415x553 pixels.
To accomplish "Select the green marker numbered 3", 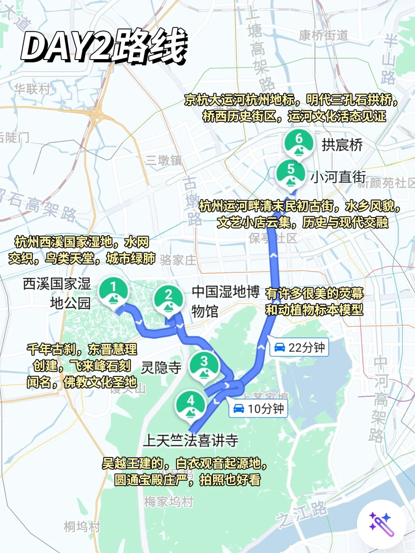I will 204,365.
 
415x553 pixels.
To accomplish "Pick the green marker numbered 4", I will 191,404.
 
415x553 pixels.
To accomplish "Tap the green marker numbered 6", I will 299,142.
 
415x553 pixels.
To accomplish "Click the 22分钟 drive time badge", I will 299,347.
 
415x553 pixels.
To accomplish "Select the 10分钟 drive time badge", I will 258,409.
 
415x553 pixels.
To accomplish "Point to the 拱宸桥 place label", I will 342,145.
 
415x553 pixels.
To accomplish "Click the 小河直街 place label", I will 338,177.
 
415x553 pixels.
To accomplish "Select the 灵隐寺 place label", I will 161,368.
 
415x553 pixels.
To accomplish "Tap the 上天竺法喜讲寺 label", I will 191,440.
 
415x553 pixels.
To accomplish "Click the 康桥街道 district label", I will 324,35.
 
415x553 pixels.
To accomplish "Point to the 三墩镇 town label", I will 164,160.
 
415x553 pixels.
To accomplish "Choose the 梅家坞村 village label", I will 168,502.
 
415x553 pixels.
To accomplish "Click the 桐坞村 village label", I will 82,527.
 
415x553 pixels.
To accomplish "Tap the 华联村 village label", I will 32,89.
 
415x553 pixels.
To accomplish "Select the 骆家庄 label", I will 178,260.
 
